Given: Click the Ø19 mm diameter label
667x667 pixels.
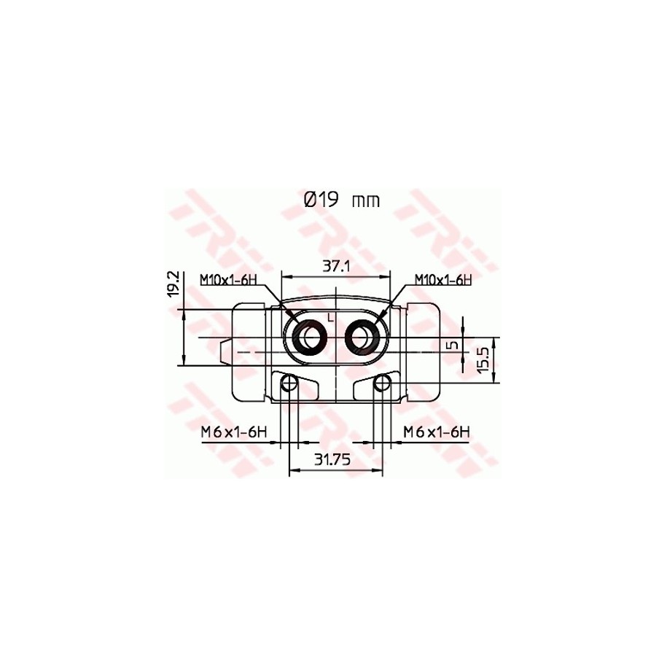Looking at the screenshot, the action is pyautogui.click(x=342, y=200).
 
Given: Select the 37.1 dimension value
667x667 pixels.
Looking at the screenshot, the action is pyautogui.click(x=335, y=266).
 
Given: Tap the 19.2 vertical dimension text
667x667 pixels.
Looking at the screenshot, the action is pyautogui.click(x=173, y=284).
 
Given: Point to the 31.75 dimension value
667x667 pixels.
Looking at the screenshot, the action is pyautogui.click(x=332, y=459).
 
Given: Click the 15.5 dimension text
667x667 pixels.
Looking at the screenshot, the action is pyautogui.click(x=484, y=359).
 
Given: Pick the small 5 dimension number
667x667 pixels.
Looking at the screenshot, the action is pyautogui.click(x=454, y=345).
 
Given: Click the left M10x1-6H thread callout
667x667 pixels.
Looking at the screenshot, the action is pyautogui.click(x=228, y=279).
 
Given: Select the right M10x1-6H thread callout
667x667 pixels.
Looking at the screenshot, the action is pyautogui.click(x=443, y=279).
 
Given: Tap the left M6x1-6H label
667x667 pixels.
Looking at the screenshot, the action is pyautogui.click(x=234, y=432).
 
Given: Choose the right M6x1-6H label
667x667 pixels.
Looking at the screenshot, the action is pyautogui.click(x=437, y=432).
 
